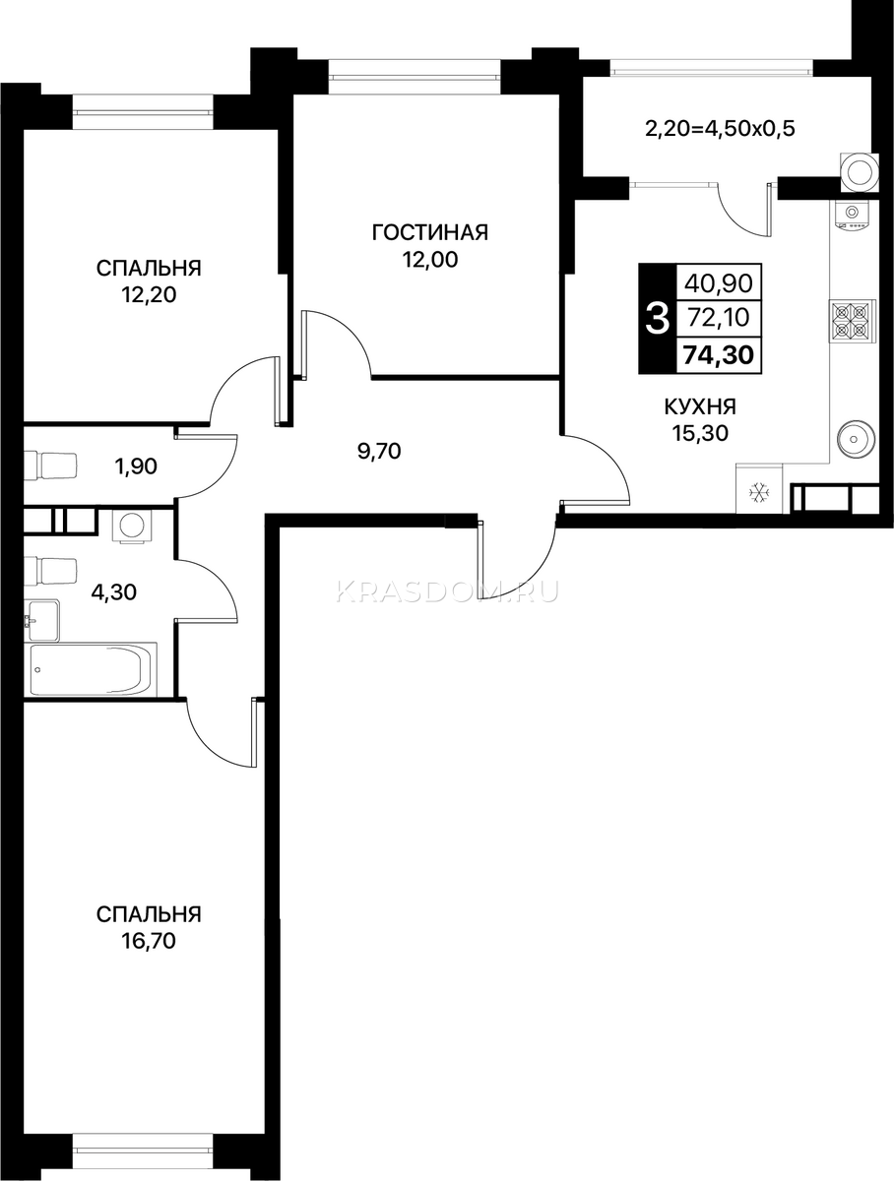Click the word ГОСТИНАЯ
(430, 233)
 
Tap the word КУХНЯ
(700, 406)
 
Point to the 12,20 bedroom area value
(149, 295)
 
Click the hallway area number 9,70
(379, 451)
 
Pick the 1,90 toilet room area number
(135, 466)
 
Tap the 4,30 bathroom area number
(113, 592)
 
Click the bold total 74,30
(719, 355)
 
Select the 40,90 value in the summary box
(719, 282)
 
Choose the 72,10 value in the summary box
(719, 318)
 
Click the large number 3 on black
(658, 319)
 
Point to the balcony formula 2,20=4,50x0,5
(720, 129)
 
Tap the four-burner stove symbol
(852, 321)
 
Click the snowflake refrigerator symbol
(760, 492)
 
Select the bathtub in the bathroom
(94, 670)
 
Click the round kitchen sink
(855, 439)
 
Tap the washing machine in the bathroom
(132, 526)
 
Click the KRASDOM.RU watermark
(447, 591)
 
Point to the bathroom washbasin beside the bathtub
(42, 621)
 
